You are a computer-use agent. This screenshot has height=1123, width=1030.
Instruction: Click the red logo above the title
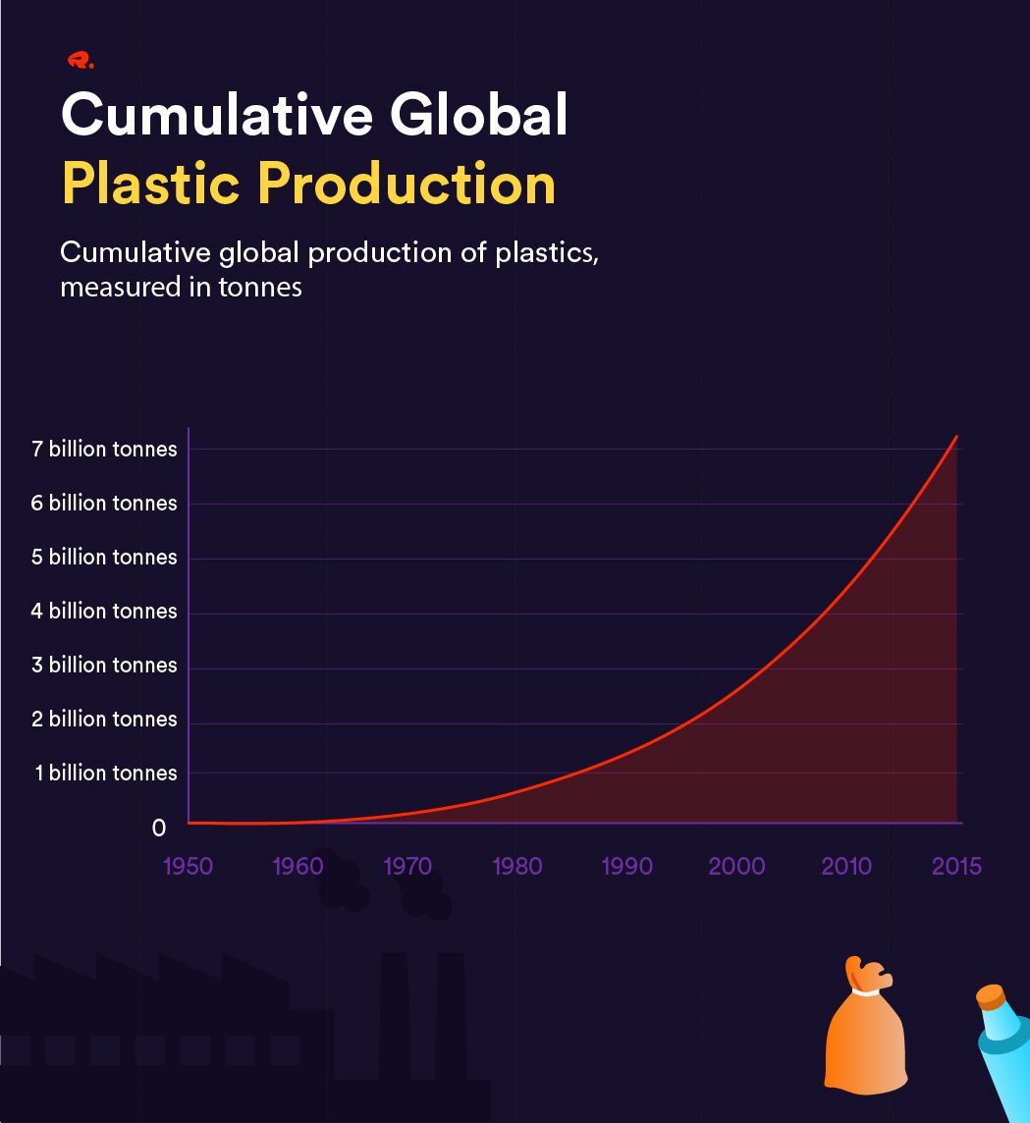81,61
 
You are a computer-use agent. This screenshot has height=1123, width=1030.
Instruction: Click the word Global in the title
478,115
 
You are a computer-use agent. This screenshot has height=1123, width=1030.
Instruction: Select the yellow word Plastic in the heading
150,183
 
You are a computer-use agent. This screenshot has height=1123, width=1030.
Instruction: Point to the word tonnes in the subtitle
260,288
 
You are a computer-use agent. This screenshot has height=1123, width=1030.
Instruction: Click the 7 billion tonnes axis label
104,449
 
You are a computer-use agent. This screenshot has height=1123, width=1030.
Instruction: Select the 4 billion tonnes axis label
104,611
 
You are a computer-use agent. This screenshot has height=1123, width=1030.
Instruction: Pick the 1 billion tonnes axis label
106,773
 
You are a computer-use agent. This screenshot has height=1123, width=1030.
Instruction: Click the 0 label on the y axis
159,828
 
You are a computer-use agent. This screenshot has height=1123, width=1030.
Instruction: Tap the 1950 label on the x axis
188,867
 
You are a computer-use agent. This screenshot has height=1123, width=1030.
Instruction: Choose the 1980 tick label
517,867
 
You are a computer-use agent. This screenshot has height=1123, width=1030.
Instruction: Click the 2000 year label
736,867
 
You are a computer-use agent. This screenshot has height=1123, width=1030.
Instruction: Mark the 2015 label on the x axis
956,867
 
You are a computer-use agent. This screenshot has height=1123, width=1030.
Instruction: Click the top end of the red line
956,436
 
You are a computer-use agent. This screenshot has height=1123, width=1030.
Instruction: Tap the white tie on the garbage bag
866,991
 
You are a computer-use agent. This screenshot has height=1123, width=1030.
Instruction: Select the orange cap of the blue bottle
992,996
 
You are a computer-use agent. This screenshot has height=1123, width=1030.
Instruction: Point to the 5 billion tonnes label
104,558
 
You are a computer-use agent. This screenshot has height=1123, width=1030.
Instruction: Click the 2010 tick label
846,867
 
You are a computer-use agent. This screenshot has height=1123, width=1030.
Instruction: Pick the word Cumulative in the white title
217,115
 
